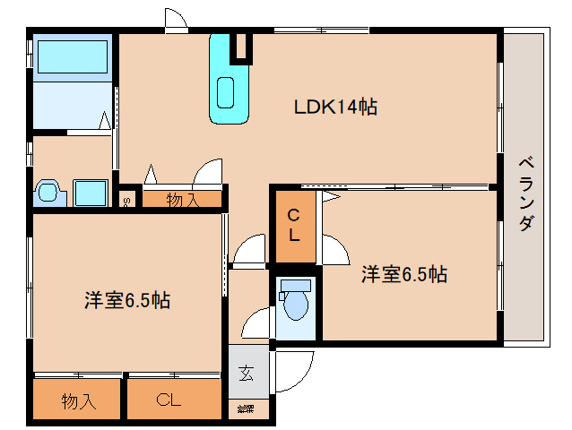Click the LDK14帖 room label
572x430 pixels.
click(x=335, y=107)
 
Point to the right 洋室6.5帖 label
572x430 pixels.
click(x=404, y=274)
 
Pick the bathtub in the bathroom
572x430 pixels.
click(x=73, y=58)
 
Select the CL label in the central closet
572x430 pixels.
click(x=293, y=225)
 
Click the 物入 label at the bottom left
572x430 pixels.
click(x=78, y=400)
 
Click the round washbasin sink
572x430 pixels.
click(x=48, y=192)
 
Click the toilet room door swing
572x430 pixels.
click(x=255, y=322)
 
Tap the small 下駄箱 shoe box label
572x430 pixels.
click(x=245, y=408)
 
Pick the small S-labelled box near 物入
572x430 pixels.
click(x=127, y=201)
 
